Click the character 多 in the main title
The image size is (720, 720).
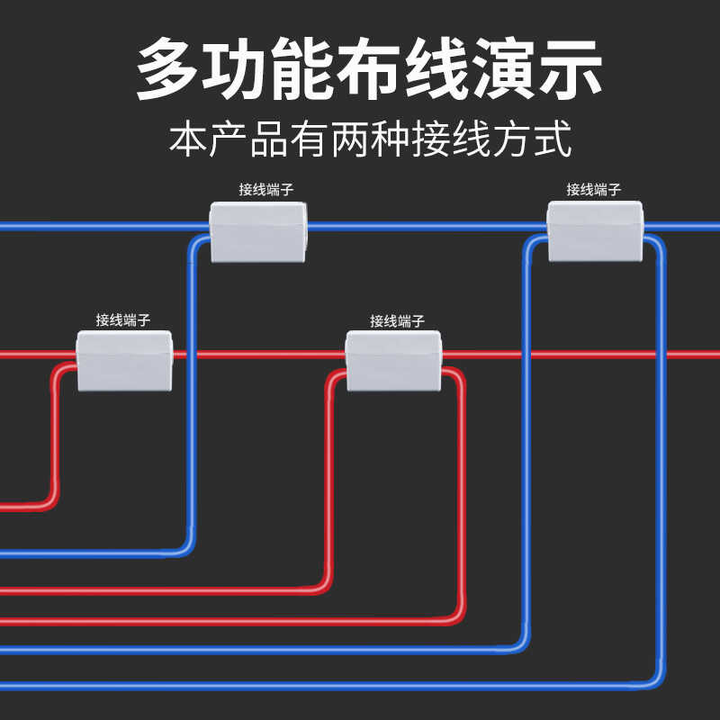click(170, 68)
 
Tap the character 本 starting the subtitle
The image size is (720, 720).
click(188, 141)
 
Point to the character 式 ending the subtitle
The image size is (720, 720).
click(552, 141)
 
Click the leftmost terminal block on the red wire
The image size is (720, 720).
click(123, 360)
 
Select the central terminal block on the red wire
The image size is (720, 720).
click(394, 360)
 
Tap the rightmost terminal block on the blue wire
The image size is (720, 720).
click(596, 230)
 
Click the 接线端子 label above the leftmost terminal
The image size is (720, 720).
click(123, 319)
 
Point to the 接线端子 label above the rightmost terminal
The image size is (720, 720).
click(594, 190)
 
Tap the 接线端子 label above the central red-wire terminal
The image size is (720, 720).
click(397, 321)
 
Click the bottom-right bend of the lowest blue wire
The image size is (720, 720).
click(657, 681)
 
